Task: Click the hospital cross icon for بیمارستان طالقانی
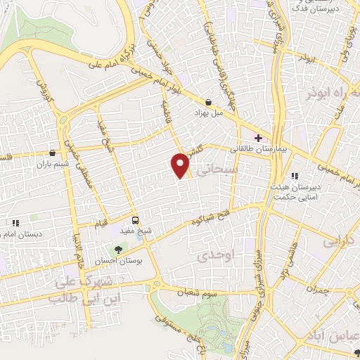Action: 258,137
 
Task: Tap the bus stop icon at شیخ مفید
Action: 135,220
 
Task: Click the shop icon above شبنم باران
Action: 52,152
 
